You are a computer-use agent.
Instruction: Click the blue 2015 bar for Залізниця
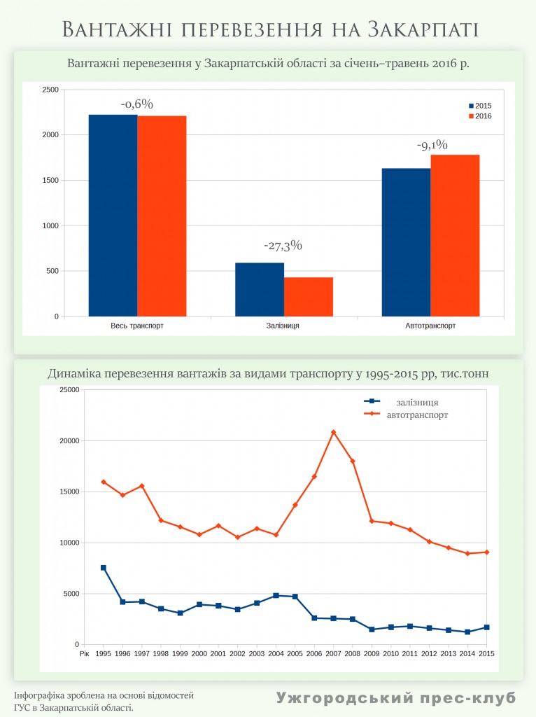[260, 289]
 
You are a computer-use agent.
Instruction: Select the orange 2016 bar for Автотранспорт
[455, 235]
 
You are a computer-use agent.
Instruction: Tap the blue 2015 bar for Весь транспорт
[113, 215]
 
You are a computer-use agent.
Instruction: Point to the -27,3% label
[283, 246]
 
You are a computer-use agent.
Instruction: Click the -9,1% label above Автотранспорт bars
[432, 146]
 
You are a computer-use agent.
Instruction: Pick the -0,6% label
[136, 104]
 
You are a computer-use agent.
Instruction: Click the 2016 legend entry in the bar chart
[479, 116]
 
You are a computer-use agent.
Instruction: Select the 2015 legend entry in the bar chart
[479, 105]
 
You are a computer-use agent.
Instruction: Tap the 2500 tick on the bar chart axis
[50, 90]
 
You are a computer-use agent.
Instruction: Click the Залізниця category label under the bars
[283, 326]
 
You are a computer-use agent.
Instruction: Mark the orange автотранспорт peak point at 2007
[334, 432]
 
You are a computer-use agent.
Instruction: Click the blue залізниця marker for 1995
[104, 568]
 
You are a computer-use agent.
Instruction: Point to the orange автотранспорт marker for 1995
[104, 482]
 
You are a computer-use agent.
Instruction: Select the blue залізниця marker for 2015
[486, 627]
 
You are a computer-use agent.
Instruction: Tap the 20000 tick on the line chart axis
[68, 441]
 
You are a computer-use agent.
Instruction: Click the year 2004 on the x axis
[276, 654]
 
